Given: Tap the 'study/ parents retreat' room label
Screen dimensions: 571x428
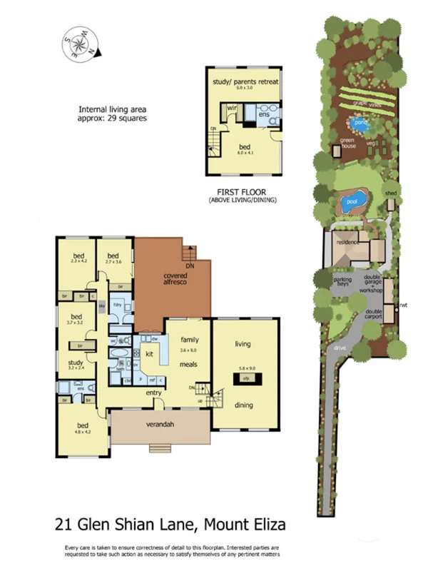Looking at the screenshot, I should (x=245, y=82).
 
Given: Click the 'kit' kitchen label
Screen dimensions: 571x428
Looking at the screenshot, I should (x=150, y=354).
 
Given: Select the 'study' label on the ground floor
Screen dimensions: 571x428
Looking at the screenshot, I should (x=76, y=363).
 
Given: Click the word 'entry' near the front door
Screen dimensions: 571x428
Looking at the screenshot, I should (x=154, y=393).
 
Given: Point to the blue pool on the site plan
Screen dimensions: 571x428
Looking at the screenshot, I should (x=352, y=201).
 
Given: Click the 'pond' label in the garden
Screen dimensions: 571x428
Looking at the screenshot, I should (x=361, y=123).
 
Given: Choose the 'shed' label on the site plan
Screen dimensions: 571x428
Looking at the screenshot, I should (x=390, y=193).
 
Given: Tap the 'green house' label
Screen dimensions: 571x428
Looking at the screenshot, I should (x=347, y=143).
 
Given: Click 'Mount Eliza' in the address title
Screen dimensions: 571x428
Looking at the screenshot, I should (x=245, y=525).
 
